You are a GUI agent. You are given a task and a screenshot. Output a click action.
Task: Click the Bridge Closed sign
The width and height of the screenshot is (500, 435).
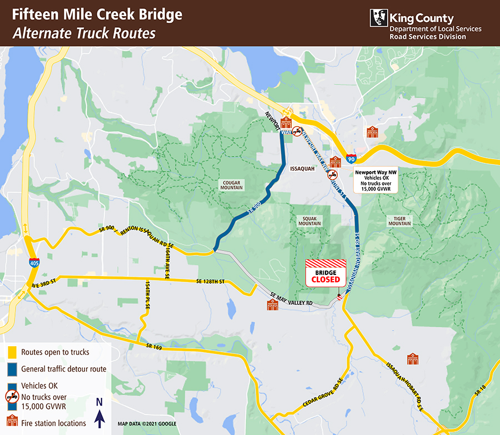coord(326,273)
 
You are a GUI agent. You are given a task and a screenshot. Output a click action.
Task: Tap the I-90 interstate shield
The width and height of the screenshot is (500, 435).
coord(351,159)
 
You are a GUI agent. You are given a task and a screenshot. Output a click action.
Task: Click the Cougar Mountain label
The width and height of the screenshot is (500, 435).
coord(232,184)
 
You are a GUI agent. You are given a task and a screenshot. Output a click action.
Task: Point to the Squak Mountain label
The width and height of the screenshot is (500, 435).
coord(309,221)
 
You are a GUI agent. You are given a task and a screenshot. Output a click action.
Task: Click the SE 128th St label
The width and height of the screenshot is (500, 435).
coord(209,282)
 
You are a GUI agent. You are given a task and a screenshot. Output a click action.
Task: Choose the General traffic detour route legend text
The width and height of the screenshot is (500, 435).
coord(63,369)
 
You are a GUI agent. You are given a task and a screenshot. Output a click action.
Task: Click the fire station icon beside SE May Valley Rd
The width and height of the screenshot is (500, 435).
coord(272,305)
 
